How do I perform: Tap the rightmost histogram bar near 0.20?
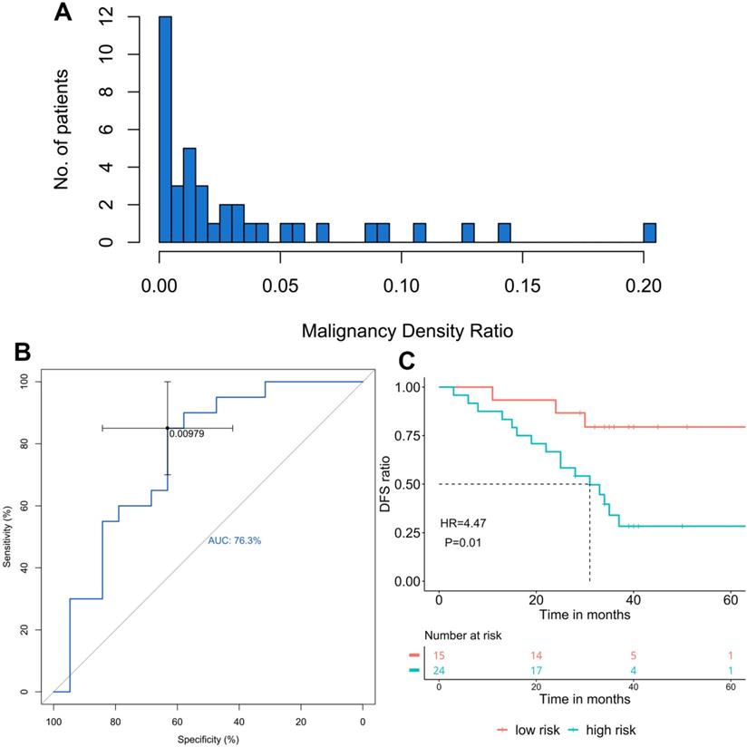point(649,232)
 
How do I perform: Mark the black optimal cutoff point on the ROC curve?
point(168,428)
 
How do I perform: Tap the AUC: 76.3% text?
point(236,540)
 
